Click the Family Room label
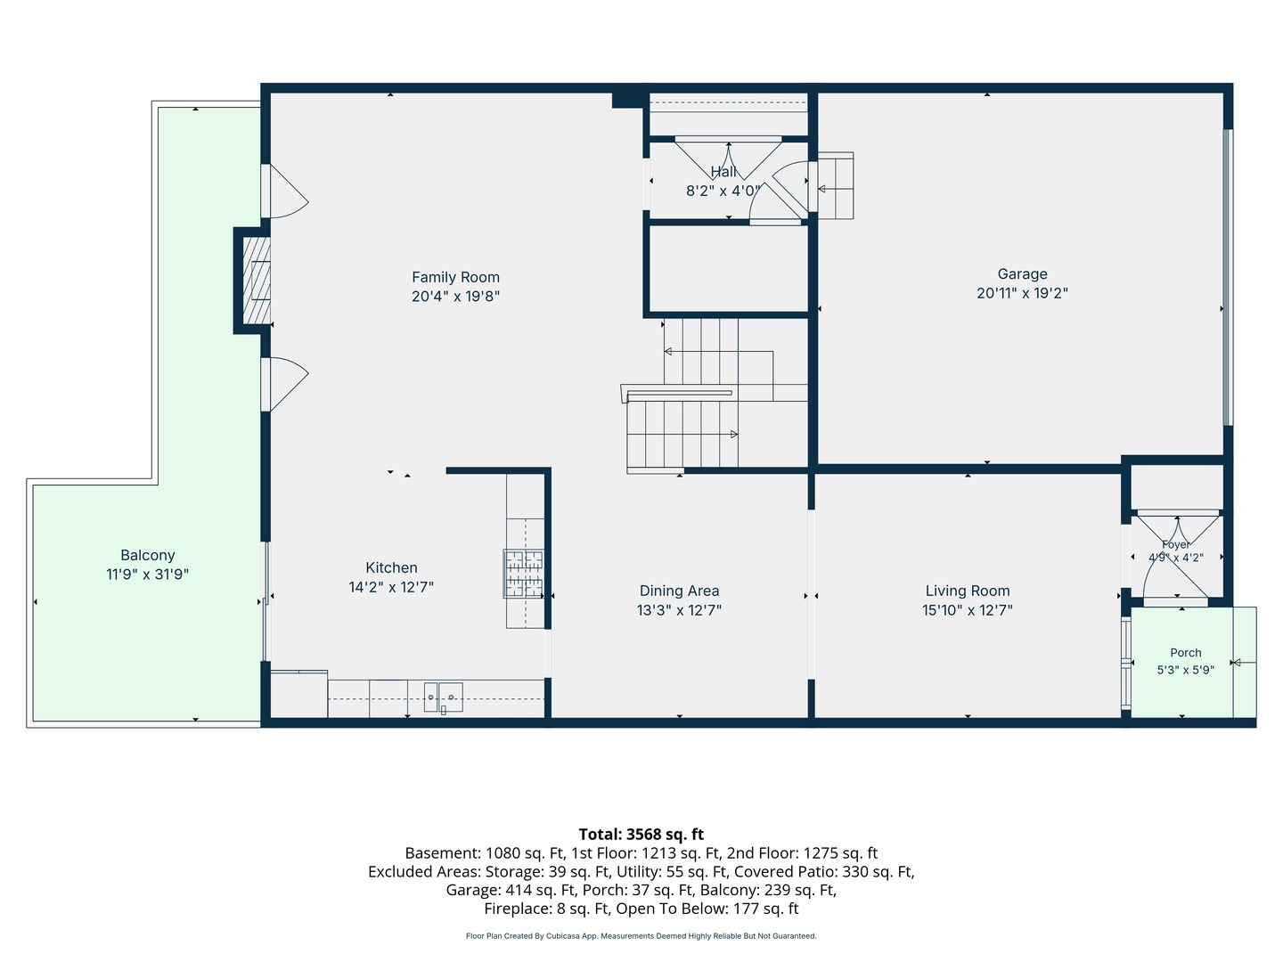click(x=455, y=277)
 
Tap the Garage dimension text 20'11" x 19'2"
click(x=1022, y=293)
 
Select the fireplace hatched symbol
click(x=257, y=281)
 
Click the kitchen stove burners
click(x=524, y=574)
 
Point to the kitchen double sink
click(x=443, y=697)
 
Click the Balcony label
click(x=148, y=555)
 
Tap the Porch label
click(x=1185, y=652)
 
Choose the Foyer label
click(x=1176, y=544)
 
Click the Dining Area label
click(x=679, y=591)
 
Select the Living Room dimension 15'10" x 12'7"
click(x=968, y=610)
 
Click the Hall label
click(x=723, y=172)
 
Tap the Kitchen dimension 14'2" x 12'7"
click(x=391, y=587)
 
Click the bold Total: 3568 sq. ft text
click(x=641, y=834)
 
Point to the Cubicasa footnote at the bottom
click(x=641, y=935)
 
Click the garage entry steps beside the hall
click(x=835, y=186)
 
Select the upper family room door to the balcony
click(x=284, y=192)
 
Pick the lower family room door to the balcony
click(x=284, y=384)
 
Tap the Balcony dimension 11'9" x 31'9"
click(x=147, y=575)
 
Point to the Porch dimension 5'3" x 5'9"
click(x=1185, y=670)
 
